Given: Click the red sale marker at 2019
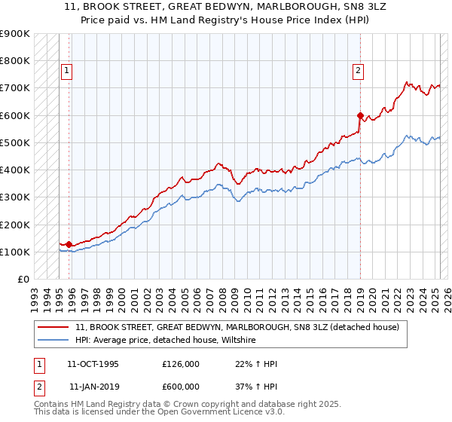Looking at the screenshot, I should pyautogui.click(x=360, y=115).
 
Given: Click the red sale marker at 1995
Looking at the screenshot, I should pyautogui.click(x=69, y=244).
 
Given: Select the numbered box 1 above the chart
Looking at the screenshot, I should pyautogui.click(x=66, y=71).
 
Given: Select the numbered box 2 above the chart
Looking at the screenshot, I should pyautogui.click(x=358, y=71).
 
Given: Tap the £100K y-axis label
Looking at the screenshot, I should pyautogui.click(x=14, y=252).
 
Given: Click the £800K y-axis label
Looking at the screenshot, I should pyautogui.click(x=14, y=60).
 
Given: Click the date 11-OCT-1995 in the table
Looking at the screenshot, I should pyautogui.click(x=93, y=363).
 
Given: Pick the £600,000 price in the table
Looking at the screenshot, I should pyautogui.click(x=181, y=386).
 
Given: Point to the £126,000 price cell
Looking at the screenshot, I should pyautogui.click(x=181, y=363).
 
